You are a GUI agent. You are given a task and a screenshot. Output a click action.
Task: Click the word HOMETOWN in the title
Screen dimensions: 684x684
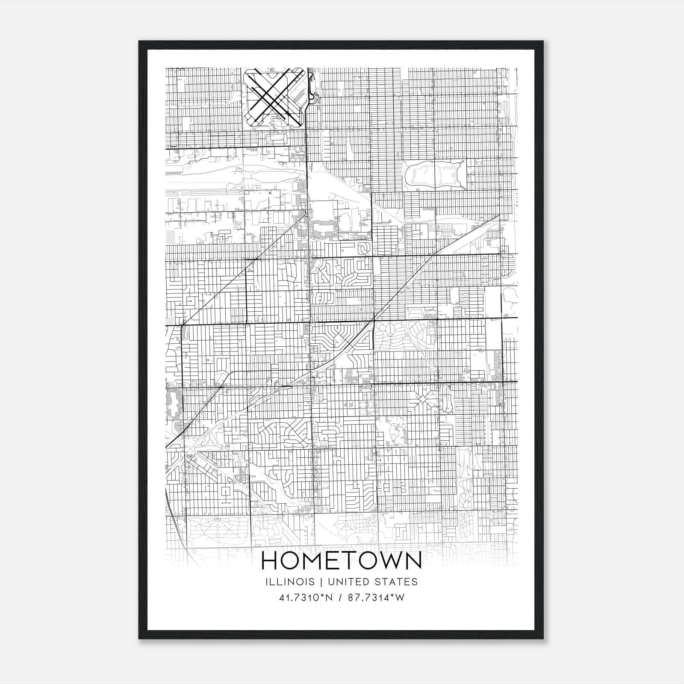(x=341, y=560)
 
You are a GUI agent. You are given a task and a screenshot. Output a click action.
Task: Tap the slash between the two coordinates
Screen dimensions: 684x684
(x=340, y=598)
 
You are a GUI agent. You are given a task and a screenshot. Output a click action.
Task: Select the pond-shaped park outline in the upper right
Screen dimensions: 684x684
(x=434, y=175)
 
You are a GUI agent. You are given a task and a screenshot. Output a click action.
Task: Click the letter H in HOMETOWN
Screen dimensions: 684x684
(x=270, y=560)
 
